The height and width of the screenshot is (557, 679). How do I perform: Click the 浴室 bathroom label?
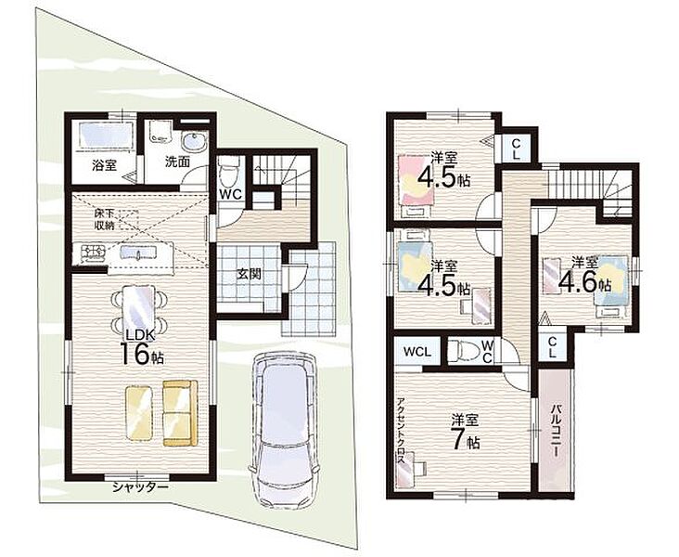point(104,164)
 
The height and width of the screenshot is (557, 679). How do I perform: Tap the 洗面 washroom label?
point(177,162)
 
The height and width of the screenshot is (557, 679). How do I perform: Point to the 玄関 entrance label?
point(248,274)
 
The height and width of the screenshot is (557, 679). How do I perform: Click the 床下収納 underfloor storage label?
point(105,219)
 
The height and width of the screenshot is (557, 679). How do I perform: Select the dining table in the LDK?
point(138,311)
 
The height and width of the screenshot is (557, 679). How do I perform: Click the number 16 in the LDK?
point(134,354)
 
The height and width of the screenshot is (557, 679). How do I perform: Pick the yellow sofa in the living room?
point(180,413)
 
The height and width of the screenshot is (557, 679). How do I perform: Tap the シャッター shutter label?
point(140,487)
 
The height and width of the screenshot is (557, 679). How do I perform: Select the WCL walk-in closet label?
point(417,352)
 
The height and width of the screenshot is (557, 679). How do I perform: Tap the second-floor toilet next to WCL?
point(461,350)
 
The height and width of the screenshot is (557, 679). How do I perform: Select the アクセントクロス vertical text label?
point(402,432)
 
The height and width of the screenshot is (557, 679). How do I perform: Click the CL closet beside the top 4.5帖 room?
point(516,149)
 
